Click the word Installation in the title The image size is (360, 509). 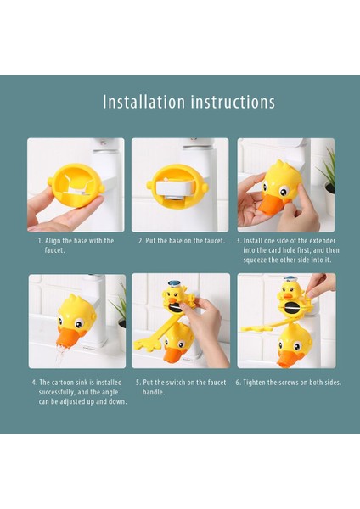click(x=144, y=102)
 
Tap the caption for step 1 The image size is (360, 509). click(x=76, y=245)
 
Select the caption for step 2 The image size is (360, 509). click(x=182, y=241)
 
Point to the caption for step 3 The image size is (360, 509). click(x=288, y=250)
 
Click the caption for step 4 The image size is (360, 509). click(x=79, y=392)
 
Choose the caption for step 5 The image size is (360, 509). click(x=181, y=387)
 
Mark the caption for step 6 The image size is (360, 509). click(x=289, y=383)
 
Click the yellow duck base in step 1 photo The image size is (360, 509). click(x=77, y=184)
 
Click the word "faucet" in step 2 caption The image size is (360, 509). click(x=214, y=241)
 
